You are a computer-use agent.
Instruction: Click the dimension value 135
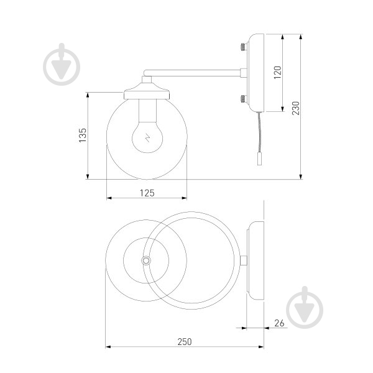[x=81, y=136]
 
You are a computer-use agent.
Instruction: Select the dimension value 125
[x=147, y=193]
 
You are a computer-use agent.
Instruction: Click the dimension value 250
[x=184, y=341]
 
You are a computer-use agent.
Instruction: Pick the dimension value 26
[x=279, y=323]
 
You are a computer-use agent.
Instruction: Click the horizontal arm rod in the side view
[x=193, y=73]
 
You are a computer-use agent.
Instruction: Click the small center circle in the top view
[x=147, y=260]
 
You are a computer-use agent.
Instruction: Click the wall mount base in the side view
[x=255, y=73]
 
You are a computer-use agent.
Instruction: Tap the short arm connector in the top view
[x=244, y=260]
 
